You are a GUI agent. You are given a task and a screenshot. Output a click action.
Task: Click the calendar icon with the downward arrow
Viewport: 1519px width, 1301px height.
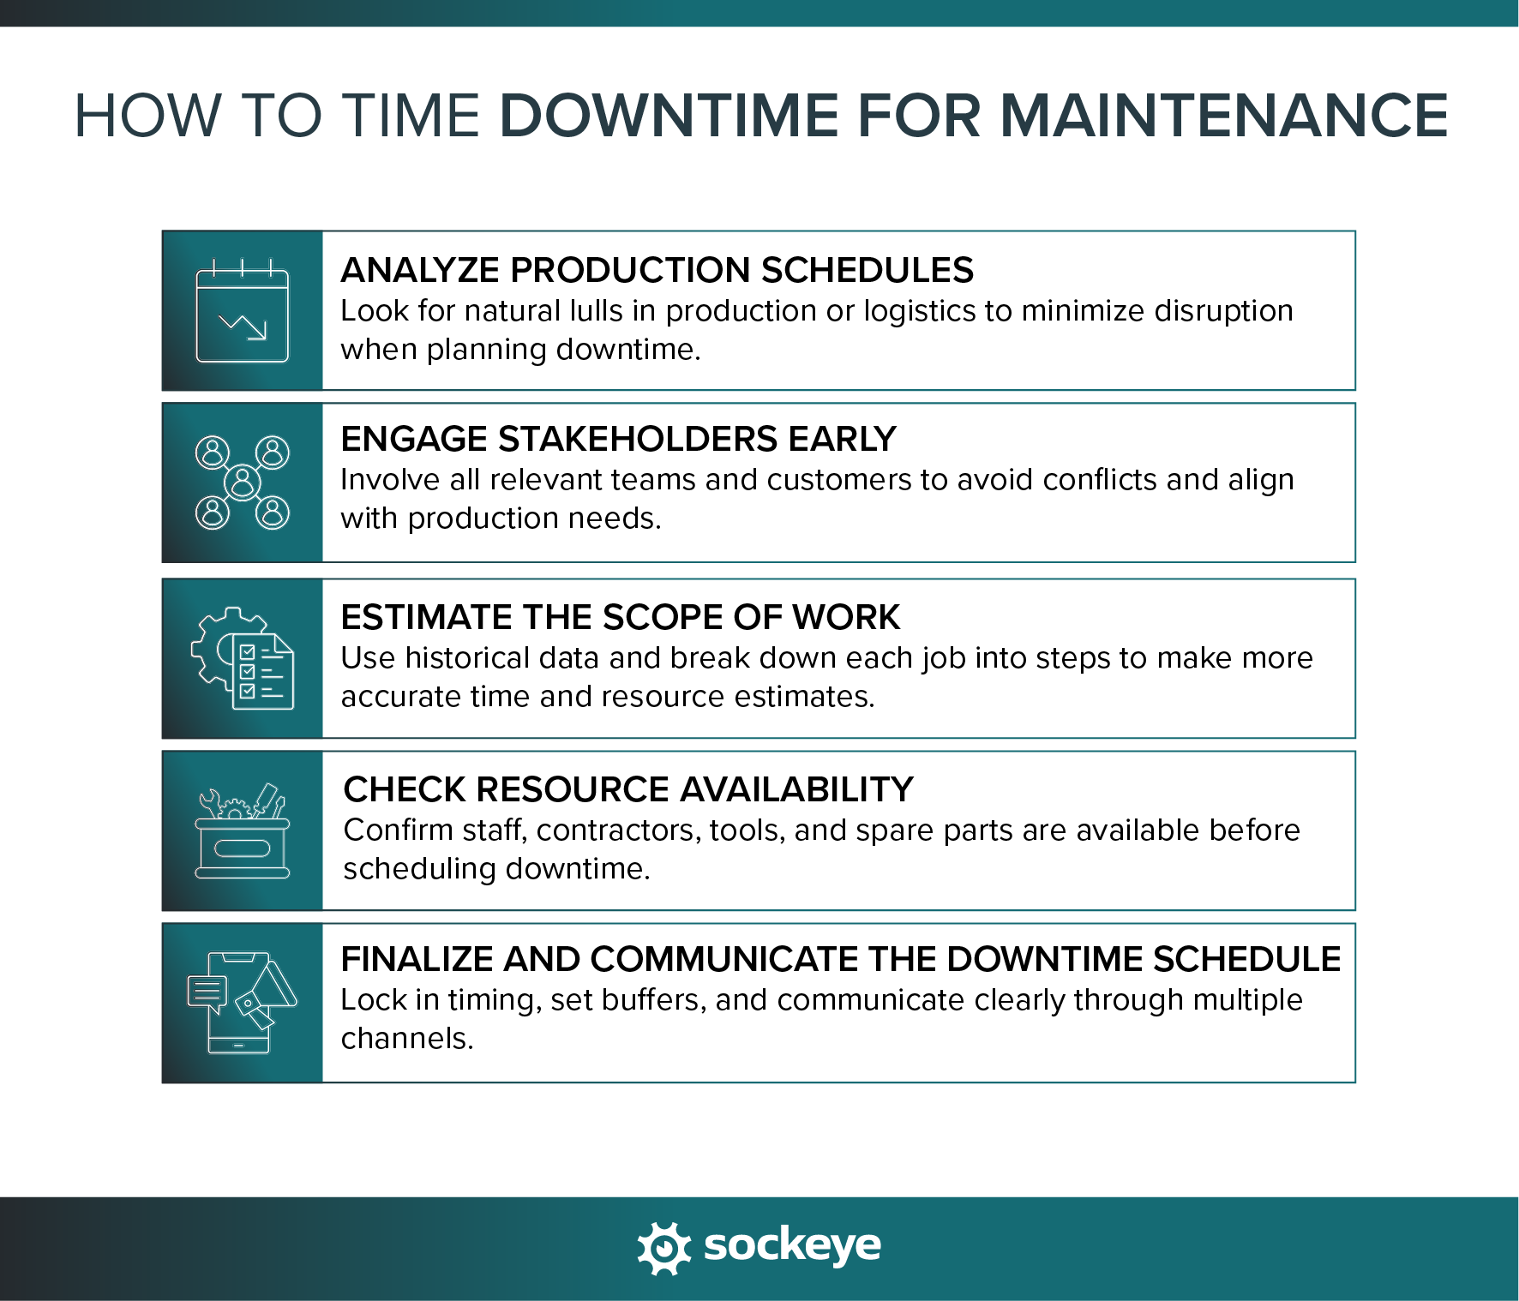pyautogui.click(x=243, y=311)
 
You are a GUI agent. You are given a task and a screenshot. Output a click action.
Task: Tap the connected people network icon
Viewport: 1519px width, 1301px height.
pyautogui.click(x=243, y=483)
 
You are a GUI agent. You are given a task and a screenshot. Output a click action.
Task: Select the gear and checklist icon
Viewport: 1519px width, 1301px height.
pyautogui.click(x=243, y=658)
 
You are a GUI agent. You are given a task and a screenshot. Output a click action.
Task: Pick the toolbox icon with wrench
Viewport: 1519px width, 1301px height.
pyautogui.click(x=243, y=830)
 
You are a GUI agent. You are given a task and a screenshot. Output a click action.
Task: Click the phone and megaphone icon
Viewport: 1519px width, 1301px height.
pyautogui.click(x=243, y=1003)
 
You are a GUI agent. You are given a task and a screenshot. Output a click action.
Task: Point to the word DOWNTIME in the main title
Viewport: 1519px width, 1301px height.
pyautogui.click(x=668, y=116)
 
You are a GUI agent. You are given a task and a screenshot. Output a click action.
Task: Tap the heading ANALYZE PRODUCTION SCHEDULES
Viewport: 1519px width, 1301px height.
pyautogui.click(x=657, y=270)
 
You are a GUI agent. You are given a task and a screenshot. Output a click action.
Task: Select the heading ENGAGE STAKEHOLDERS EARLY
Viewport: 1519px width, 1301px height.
pyautogui.click(x=618, y=439)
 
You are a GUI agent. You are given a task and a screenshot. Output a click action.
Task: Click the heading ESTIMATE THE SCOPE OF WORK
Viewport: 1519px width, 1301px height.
pyautogui.click(x=621, y=617)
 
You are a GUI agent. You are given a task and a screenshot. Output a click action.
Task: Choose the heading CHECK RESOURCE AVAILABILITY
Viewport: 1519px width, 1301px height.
pyautogui.click(x=628, y=789)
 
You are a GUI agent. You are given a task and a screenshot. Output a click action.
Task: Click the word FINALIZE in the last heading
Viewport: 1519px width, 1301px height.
pyautogui.click(x=417, y=959)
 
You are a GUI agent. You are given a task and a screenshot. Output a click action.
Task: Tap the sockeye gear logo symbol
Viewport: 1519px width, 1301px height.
pyautogui.click(x=664, y=1247)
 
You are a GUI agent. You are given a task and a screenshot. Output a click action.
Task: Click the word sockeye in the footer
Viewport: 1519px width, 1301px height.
pyautogui.click(x=792, y=1245)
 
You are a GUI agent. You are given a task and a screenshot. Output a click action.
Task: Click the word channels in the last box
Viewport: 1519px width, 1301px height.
pyautogui.click(x=406, y=1039)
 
